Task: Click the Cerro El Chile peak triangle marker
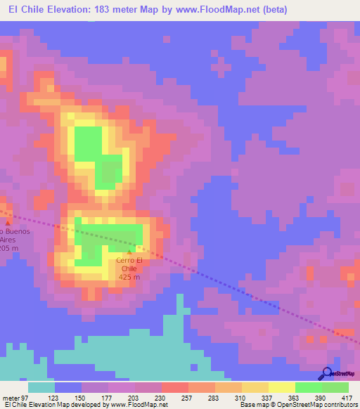pyautogui.click(x=129, y=252)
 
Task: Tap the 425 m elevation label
pyautogui.click(x=128, y=277)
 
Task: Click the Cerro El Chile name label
pyautogui.click(x=128, y=265)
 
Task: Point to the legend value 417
pyautogui.click(x=347, y=396)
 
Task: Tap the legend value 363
pyautogui.click(x=294, y=396)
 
